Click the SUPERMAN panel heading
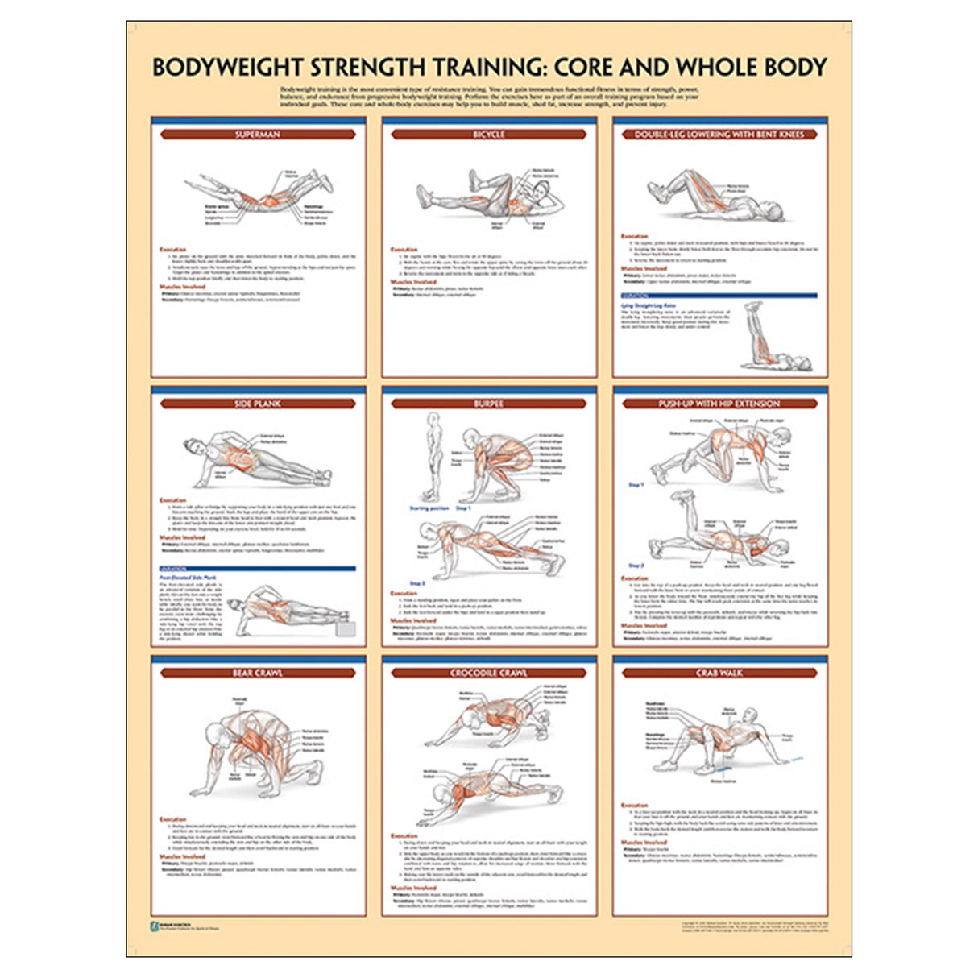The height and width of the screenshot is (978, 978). (x=258, y=135)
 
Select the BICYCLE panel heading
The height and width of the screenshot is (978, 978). (x=488, y=135)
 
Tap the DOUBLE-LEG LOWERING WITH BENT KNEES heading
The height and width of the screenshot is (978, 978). (x=719, y=135)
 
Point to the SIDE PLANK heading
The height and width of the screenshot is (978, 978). (x=258, y=404)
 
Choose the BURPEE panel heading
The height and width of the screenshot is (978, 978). (x=488, y=404)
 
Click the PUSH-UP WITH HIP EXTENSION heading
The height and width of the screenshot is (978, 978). (x=719, y=404)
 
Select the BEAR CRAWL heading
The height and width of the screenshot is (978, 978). (x=258, y=673)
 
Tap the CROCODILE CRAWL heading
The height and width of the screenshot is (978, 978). (x=488, y=673)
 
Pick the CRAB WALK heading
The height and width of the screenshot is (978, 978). (x=719, y=673)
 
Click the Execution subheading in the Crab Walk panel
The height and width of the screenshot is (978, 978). (x=634, y=805)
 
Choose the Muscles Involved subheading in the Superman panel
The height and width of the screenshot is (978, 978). (x=182, y=286)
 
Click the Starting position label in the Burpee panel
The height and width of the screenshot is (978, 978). (x=429, y=508)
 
